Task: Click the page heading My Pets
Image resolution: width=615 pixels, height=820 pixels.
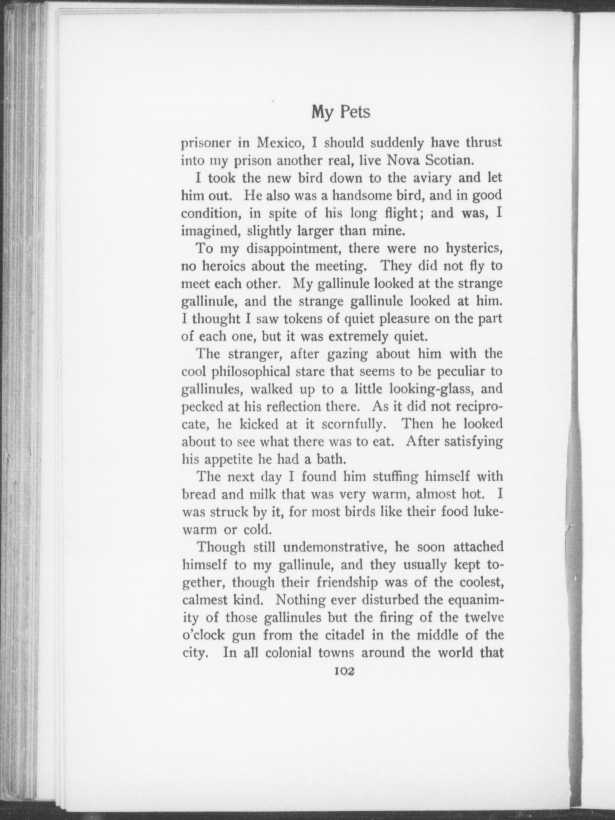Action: (341, 113)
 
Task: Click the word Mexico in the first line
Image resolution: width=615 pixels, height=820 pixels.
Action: (278, 143)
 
